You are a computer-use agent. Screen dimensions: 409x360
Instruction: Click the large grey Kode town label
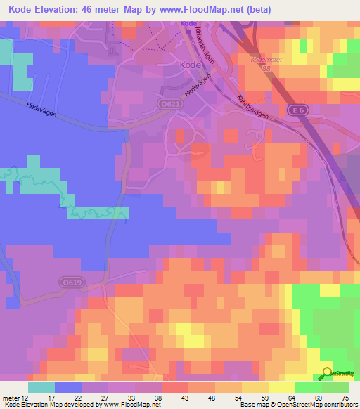[191, 64]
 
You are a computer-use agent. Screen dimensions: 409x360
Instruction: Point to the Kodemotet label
[262, 60]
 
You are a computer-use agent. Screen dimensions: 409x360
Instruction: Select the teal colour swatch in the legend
[41, 387]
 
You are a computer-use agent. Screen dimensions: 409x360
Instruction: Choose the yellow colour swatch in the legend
[282, 387]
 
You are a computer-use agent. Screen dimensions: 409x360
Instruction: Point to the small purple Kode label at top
[188, 23]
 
